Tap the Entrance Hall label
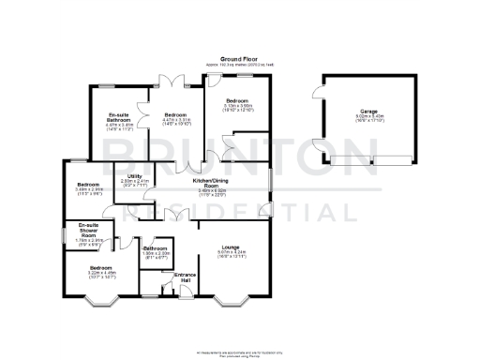[186, 278]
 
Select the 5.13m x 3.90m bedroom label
[237, 104]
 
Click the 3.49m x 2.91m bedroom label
[89, 187]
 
